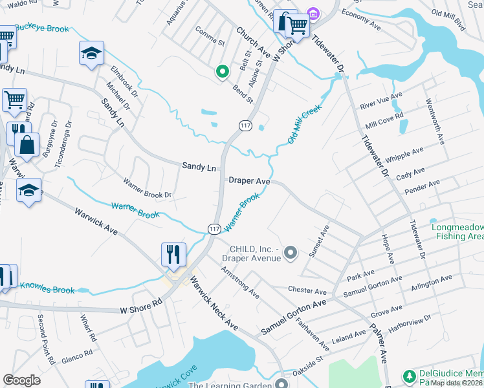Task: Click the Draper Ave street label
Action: [x=249, y=182]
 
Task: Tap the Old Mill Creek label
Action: [x=304, y=125]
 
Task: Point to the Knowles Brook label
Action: [x=47, y=287]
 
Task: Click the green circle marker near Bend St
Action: [x=222, y=72]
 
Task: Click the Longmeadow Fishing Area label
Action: [x=457, y=232]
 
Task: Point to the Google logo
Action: [x=22, y=380]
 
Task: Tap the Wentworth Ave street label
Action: [x=435, y=121]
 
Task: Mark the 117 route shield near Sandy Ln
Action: [x=245, y=126]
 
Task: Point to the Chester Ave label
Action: [x=307, y=292]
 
